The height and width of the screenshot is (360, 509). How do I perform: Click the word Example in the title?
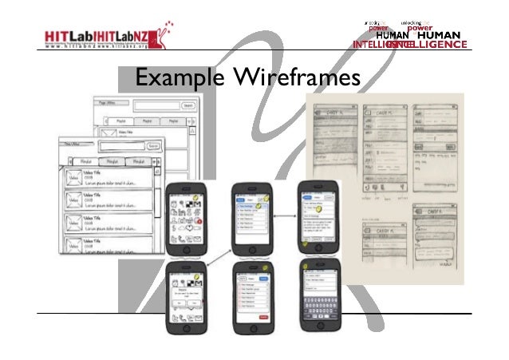[179, 78]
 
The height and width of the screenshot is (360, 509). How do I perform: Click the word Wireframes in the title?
[296, 78]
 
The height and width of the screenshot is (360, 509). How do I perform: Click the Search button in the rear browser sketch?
[188, 105]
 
